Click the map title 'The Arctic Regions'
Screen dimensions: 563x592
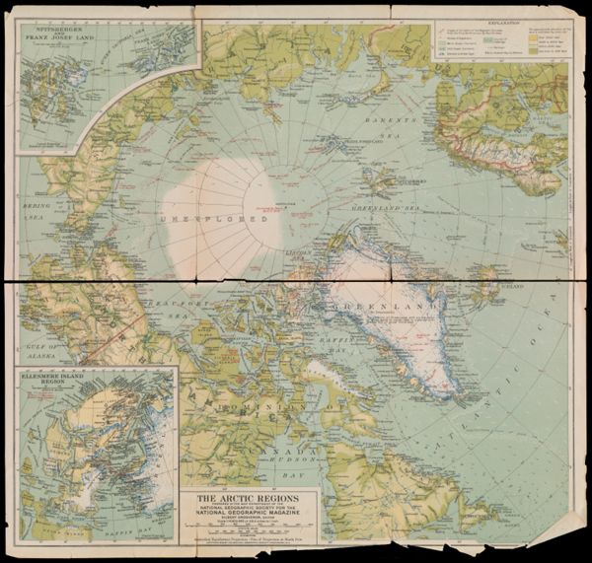pos(244,498)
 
